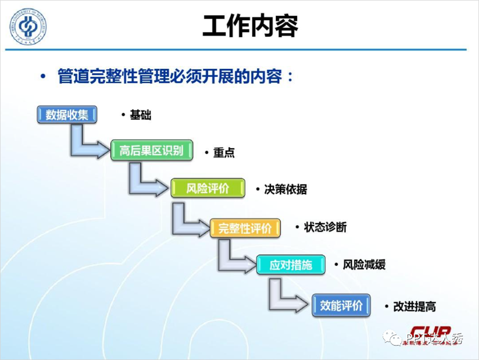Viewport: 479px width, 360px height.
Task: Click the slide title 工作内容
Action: coord(250,26)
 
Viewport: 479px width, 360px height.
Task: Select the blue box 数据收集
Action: coord(67,115)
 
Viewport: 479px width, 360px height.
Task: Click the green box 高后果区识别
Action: coord(151,150)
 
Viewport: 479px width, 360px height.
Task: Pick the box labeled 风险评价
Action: coord(208,188)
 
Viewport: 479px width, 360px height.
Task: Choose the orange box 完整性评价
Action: coord(245,228)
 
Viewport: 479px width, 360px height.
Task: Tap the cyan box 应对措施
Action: coord(290,264)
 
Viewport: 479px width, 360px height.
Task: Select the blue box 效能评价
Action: coord(341,305)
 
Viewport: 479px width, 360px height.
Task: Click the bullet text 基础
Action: coord(140,115)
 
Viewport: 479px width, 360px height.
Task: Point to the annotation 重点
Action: coord(224,153)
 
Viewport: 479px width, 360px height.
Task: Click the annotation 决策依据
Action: coord(285,189)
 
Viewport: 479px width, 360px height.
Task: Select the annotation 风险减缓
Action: coord(364,265)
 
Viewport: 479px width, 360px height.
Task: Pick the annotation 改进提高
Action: coord(414,307)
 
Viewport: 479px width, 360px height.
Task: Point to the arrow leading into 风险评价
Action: coord(145,183)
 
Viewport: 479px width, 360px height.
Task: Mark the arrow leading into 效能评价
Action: coord(284,298)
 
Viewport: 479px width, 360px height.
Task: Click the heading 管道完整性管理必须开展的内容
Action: coord(170,77)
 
